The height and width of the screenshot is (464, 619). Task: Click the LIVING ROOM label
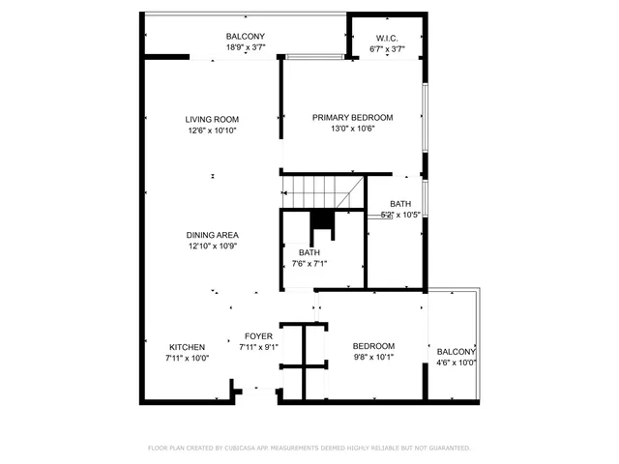pyautogui.click(x=212, y=120)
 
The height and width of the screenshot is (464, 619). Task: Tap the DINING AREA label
pyautogui.click(x=213, y=235)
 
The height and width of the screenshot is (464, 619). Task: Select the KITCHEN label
pyautogui.click(x=187, y=347)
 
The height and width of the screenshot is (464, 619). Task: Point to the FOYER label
pyautogui.click(x=258, y=336)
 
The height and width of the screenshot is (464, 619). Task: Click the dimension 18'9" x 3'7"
pyautogui.click(x=245, y=47)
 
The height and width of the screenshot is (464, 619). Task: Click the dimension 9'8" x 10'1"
pyautogui.click(x=373, y=357)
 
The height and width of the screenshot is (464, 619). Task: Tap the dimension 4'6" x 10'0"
pyautogui.click(x=457, y=362)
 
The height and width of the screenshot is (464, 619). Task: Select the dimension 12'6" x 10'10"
pyautogui.click(x=212, y=130)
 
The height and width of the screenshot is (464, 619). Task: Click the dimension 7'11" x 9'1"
pyautogui.click(x=258, y=347)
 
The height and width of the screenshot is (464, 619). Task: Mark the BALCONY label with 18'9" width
pyautogui.click(x=245, y=37)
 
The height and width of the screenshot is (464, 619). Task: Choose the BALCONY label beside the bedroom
pyautogui.click(x=457, y=352)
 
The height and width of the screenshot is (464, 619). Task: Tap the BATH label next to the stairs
pyautogui.click(x=400, y=204)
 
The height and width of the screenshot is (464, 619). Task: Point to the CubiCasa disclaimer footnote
pyautogui.click(x=309, y=448)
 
